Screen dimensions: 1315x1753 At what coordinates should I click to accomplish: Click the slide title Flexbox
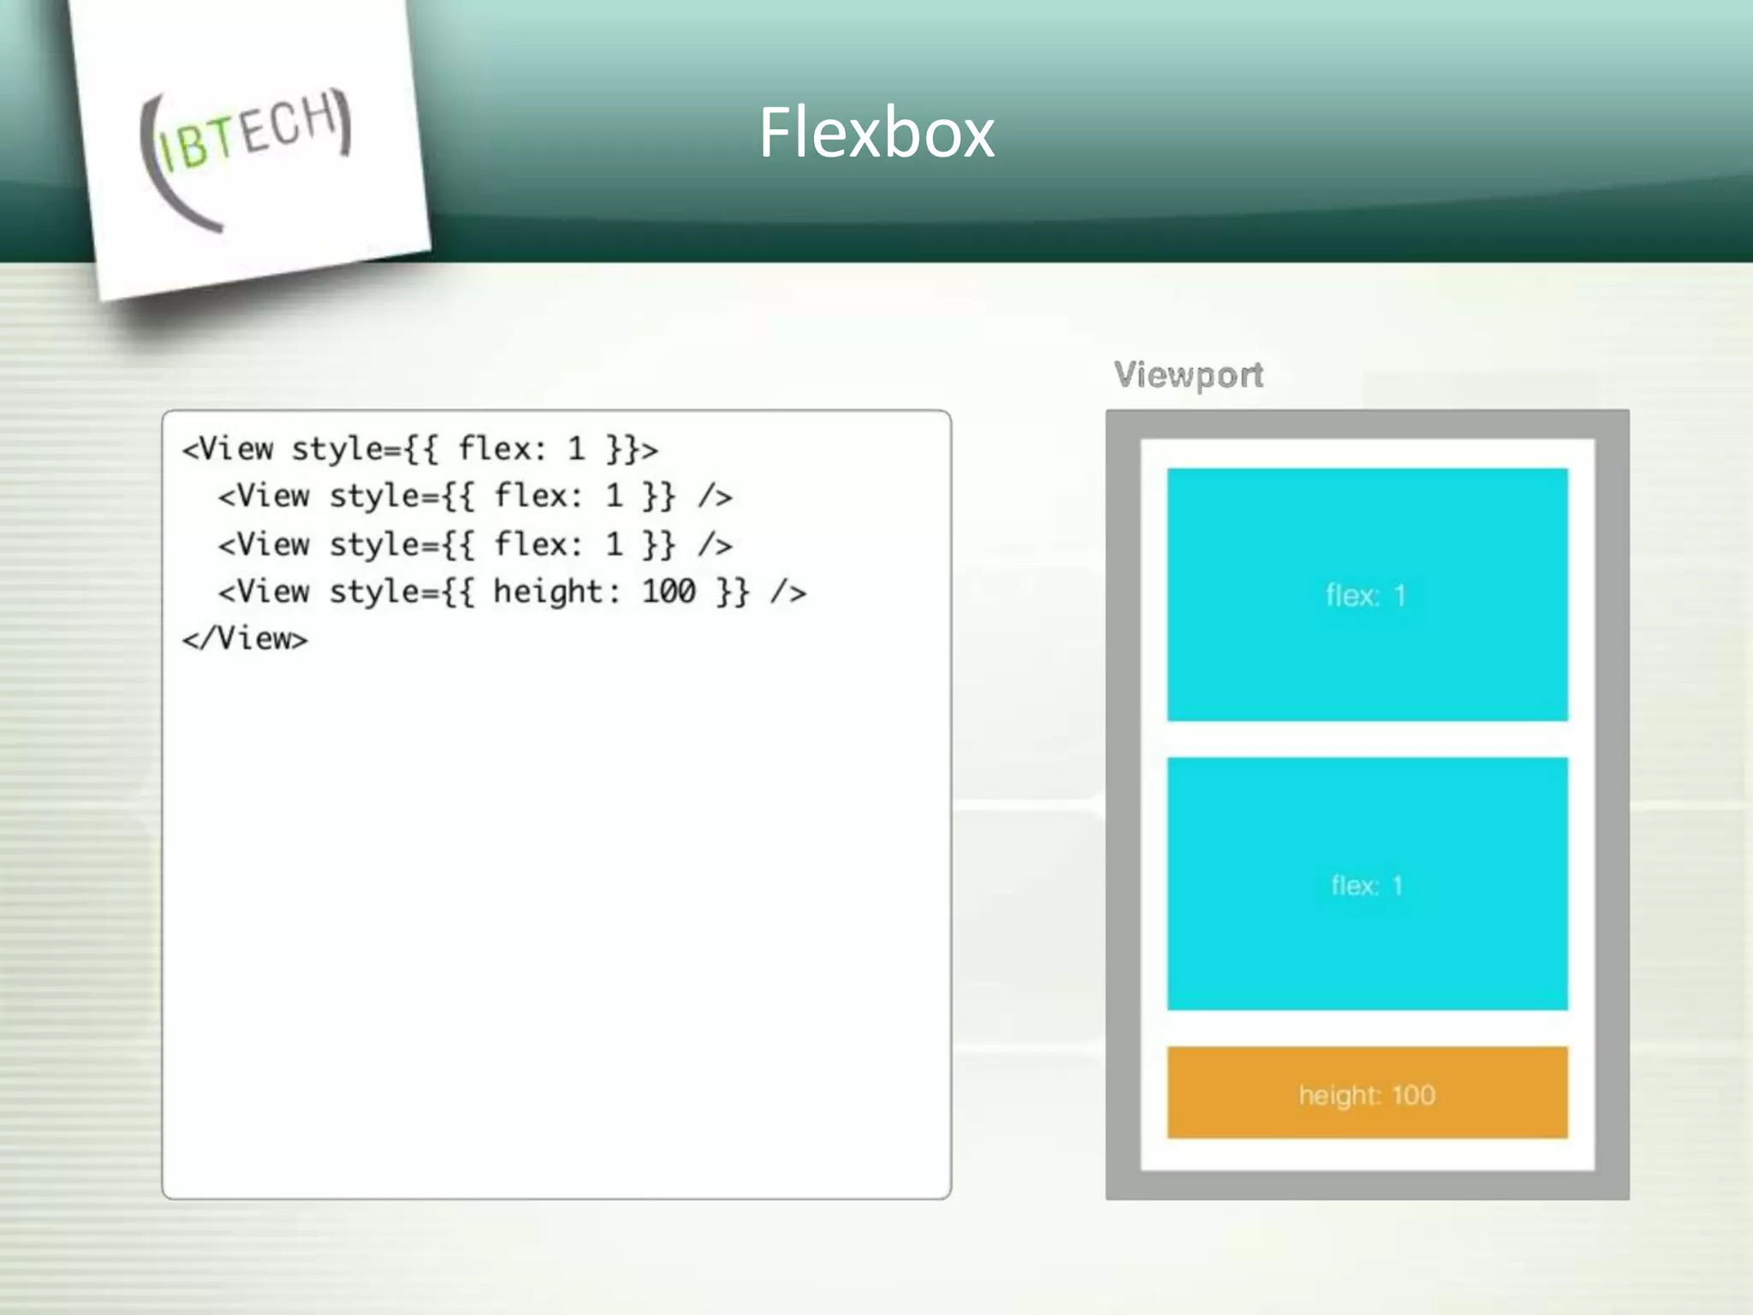point(876,133)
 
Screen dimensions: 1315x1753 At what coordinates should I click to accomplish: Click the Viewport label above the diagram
point(1188,375)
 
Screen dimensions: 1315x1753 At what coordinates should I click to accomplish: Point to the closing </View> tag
point(245,639)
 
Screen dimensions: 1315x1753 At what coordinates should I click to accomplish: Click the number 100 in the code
point(669,592)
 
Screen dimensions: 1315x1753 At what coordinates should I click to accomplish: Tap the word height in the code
point(548,592)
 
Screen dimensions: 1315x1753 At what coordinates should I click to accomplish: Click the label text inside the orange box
point(1367,1095)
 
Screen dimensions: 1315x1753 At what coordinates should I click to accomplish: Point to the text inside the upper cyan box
point(1365,595)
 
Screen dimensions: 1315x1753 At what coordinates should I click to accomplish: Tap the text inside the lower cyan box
point(1367,885)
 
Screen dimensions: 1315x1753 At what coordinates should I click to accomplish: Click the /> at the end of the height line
point(787,592)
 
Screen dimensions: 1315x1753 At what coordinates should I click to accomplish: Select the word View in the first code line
point(236,449)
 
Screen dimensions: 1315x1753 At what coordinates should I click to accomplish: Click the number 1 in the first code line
point(576,449)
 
